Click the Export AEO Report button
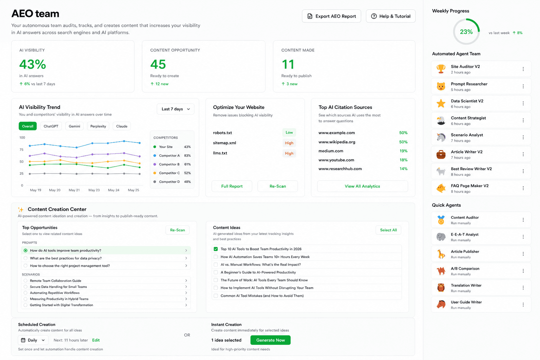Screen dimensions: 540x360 (x=332, y=16)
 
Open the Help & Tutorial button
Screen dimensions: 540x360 (x=391, y=16)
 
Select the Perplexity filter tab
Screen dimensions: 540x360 (x=98, y=126)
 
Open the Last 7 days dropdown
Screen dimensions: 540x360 (x=175, y=109)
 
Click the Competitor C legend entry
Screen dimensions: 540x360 (x=172, y=173)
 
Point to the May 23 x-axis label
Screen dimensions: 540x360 (x=94, y=190)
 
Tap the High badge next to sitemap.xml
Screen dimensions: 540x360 (x=289, y=143)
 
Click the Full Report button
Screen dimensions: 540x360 (x=232, y=186)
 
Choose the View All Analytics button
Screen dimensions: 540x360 (x=362, y=186)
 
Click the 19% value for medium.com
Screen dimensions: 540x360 (x=404, y=151)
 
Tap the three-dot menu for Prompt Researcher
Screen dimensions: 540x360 (x=523, y=86)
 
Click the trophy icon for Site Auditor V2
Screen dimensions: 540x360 (x=441, y=69)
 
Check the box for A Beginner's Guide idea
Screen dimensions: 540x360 (x=216, y=272)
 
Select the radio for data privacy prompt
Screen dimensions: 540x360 (x=26, y=258)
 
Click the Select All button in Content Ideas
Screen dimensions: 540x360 (x=388, y=230)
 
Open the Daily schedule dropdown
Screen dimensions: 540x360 (x=33, y=340)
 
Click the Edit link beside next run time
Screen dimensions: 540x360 (x=96, y=340)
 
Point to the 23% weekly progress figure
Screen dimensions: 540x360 (x=466, y=32)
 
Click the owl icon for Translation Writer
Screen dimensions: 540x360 (x=441, y=288)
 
